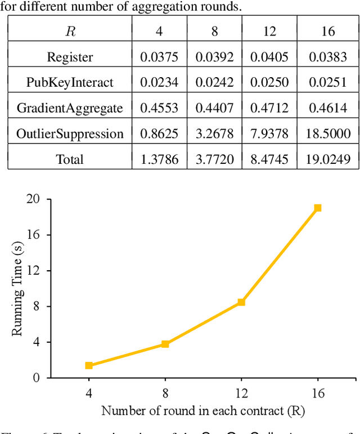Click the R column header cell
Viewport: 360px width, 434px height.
[70, 31]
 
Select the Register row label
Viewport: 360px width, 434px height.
[70, 57]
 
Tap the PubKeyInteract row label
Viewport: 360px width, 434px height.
[70, 82]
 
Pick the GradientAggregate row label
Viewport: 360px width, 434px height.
[70, 108]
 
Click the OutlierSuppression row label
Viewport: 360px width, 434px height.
[70, 134]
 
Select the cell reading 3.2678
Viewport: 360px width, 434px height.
[214, 134]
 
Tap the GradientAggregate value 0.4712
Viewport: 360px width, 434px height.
[270, 108]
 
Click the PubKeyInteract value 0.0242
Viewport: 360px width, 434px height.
[214, 82]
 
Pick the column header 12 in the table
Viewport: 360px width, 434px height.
[270, 31]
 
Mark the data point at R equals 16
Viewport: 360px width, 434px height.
[318, 208]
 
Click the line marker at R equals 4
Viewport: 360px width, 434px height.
[89, 365]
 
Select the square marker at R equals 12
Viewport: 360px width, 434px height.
[241, 302]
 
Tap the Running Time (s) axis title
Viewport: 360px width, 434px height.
[17, 288]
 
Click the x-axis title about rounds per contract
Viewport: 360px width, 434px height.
[203, 410]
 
